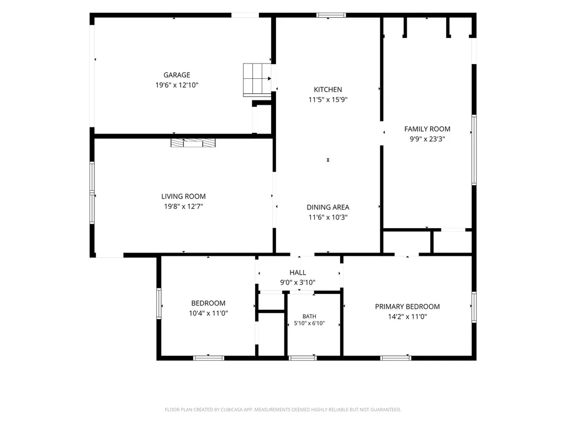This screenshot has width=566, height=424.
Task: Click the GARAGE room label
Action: (177, 75)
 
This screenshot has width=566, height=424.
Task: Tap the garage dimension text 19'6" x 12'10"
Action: (177, 85)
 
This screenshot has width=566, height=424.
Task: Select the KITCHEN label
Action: (328, 89)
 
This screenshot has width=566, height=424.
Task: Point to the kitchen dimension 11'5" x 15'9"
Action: (328, 99)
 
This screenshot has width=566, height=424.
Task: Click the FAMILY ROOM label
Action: (427, 128)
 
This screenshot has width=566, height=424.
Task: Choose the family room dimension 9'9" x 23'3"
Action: (427, 139)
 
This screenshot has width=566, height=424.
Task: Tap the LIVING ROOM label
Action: (183, 196)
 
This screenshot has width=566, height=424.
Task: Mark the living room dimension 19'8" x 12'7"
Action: (183, 206)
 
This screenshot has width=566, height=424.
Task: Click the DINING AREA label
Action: (328, 207)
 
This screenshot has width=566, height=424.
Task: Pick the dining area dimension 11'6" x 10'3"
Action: (328, 217)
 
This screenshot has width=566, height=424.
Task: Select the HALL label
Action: (298, 272)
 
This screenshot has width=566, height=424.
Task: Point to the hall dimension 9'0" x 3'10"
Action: (298, 282)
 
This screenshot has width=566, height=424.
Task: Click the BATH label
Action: (309, 316)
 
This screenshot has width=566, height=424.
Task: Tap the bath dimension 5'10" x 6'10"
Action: (309, 323)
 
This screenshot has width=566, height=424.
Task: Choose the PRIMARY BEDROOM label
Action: (408, 307)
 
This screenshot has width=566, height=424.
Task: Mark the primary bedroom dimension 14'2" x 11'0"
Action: (408, 316)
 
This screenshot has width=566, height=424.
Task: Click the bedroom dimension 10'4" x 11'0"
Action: (208, 313)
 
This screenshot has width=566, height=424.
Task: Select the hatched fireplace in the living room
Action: (193, 143)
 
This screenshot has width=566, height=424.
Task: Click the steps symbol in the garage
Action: (257, 80)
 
